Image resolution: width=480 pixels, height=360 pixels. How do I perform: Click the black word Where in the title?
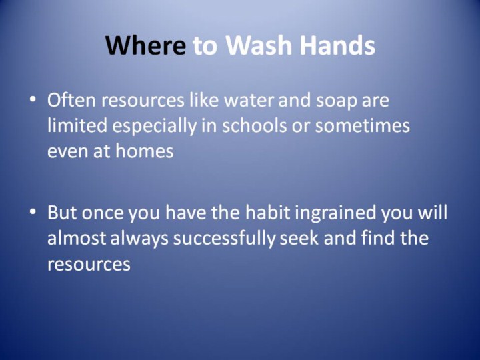pos(146,45)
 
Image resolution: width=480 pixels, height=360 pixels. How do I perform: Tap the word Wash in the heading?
pos(259,45)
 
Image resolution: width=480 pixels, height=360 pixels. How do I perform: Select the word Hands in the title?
pos(337,45)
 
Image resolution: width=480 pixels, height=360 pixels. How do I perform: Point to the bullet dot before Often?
pos(33,100)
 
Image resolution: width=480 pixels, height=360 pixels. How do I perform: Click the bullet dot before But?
pos(33,212)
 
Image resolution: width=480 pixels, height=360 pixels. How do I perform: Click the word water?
pos(249,101)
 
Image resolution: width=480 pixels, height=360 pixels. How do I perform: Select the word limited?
pos(77,125)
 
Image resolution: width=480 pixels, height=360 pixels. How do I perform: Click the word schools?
pos(255,125)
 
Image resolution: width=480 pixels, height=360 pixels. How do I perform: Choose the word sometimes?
pos(363,126)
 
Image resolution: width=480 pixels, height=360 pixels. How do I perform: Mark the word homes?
pos(145,151)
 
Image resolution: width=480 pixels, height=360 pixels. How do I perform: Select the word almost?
pos(77,238)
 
